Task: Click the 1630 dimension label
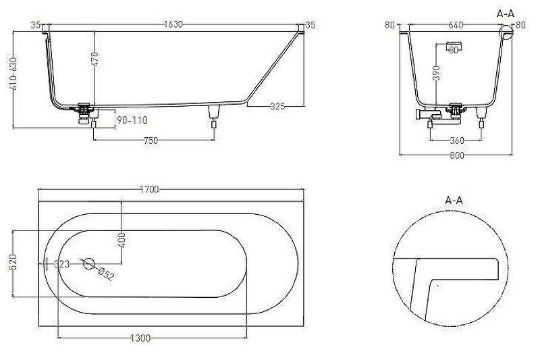click(x=173, y=24)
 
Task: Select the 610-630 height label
click(x=13, y=73)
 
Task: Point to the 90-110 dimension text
click(x=132, y=120)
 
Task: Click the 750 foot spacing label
click(x=151, y=140)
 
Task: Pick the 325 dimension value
click(x=277, y=106)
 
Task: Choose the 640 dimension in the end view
click(x=456, y=25)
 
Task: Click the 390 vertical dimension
click(x=436, y=73)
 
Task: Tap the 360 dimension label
click(x=457, y=140)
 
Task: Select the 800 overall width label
click(x=457, y=155)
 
